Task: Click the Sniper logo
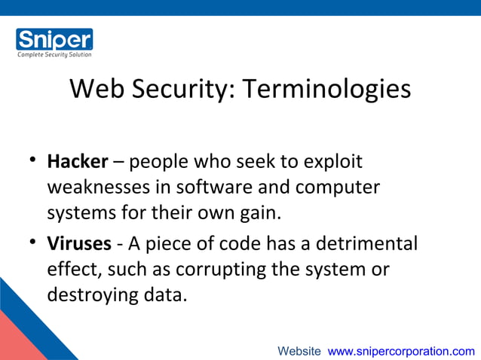coord(54,39)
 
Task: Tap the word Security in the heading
coord(180,89)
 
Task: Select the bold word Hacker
coord(78,162)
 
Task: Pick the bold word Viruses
coord(79,244)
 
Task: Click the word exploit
coord(332,162)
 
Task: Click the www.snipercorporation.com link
coord(401,351)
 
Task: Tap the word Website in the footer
coord(299,351)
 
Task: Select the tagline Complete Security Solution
coord(54,54)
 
